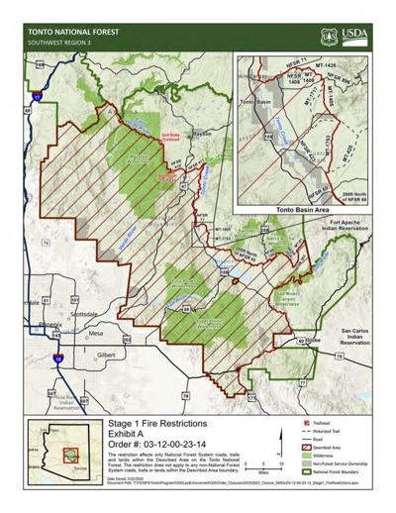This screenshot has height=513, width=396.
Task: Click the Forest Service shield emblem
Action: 330,37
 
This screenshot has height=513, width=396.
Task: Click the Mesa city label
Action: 95,335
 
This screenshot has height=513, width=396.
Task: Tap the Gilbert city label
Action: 108,353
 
